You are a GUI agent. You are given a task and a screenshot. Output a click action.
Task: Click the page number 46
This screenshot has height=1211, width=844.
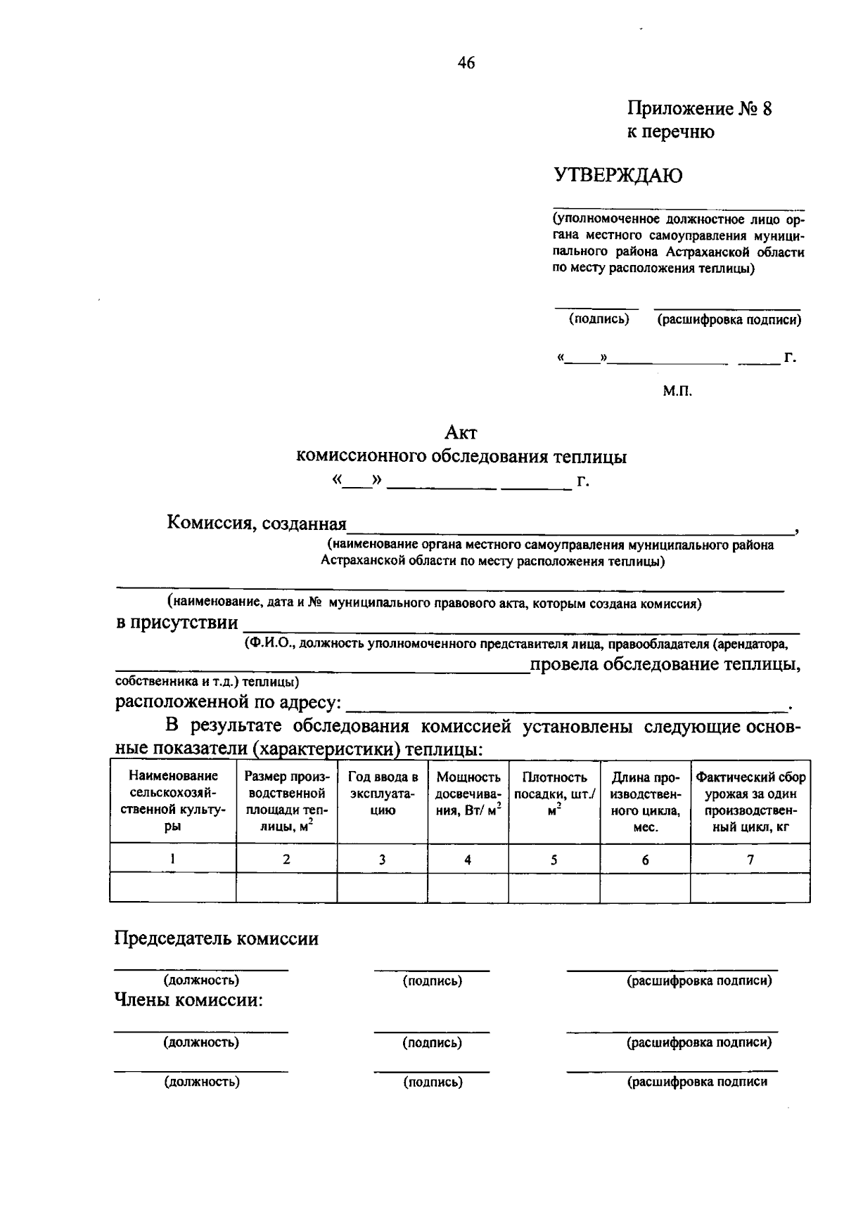pyautogui.click(x=466, y=63)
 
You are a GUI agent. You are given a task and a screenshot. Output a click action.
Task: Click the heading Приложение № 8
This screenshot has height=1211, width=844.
pyautogui.click(x=699, y=109)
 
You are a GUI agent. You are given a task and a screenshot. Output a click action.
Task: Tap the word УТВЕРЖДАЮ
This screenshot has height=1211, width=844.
pyautogui.click(x=618, y=175)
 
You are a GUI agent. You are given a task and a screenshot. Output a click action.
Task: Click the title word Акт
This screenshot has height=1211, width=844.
pyautogui.click(x=461, y=433)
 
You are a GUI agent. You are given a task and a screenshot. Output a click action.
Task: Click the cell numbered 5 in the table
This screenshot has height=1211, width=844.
pyautogui.click(x=554, y=859)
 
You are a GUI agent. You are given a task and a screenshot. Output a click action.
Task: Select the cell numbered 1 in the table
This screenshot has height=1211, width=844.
pyautogui.click(x=172, y=859)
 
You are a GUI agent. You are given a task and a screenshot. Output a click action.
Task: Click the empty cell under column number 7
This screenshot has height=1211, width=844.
pyautogui.click(x=750, y=888)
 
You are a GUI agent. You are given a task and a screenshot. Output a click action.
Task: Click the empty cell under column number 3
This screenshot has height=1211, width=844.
pyautogui.click(x=383, y=888)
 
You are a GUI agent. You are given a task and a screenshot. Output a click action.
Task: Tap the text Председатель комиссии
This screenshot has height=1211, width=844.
pyautogui.click(x=217, y=939)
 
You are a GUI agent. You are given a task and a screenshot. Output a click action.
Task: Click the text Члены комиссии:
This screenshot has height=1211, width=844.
pyautogui.click(x=188, y=1000)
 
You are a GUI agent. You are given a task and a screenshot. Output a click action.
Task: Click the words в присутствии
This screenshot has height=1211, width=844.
pyautogui.click(x=177, y=623)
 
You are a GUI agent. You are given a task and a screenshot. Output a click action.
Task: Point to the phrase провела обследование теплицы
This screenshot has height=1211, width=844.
pyautogui.click(x=665, y=664)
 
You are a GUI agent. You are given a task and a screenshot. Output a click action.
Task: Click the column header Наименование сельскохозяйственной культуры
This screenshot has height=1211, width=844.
pyautogui.click(x=172, y=801)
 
